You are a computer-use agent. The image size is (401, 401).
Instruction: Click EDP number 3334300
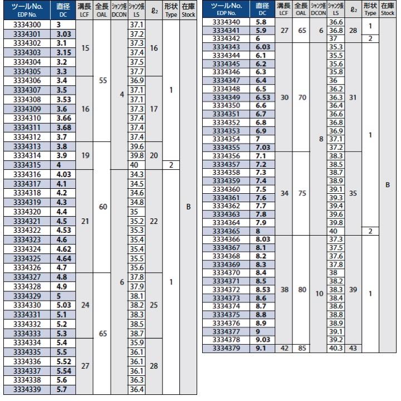coord(27,25)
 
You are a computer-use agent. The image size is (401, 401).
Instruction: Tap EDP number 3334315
coord(27,165)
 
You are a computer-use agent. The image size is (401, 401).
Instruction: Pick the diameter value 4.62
coord(63,249)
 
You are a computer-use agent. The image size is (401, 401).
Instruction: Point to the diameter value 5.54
coord(63,371)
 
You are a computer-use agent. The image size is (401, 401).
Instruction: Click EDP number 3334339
coord(27,388)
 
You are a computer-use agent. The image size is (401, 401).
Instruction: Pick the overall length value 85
coord(301,349)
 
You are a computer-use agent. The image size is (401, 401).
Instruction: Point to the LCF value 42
coord(284,349)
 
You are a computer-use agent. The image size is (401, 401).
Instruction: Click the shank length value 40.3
coord(336,349)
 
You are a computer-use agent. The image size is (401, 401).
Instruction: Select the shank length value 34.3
coord(136,174)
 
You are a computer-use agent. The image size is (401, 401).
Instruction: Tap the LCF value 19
coord(85,157)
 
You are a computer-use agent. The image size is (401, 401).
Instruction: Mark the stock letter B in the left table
coord(188,207)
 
